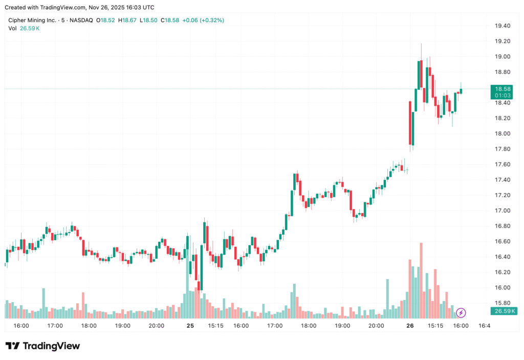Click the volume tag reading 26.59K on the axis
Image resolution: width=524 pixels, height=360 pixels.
coord(504,311)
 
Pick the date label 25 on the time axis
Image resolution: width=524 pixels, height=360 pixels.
coord(190,326)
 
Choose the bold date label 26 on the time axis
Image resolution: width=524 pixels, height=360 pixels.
coord(410,326)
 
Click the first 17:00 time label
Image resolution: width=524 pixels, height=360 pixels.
coord(55,326)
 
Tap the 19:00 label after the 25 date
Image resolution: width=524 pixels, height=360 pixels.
coord(342,326)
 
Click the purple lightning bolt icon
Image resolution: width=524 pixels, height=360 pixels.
coord(461,312)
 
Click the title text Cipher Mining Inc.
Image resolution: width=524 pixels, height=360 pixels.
coord(32,20)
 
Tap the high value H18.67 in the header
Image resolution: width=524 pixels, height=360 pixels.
coord(128,20)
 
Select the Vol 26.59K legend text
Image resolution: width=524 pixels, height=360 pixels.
coord(24,28)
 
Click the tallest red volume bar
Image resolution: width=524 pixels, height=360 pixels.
coord(421,280)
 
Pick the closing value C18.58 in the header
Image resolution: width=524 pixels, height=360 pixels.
coord(169,20)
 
